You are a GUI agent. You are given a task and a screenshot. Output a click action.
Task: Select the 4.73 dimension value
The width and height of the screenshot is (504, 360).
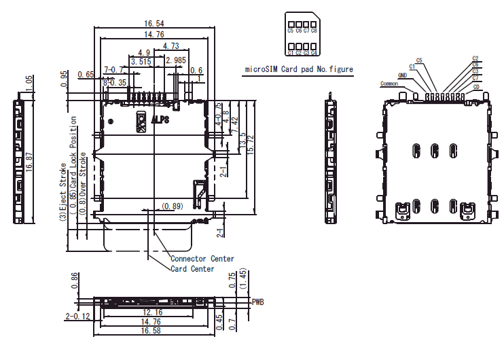170,47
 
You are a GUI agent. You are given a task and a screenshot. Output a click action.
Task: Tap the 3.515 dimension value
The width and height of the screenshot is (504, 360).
141,61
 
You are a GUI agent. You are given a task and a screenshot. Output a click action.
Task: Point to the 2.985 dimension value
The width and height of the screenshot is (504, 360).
175,61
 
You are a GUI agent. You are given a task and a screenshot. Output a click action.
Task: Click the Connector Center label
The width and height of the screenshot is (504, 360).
202,259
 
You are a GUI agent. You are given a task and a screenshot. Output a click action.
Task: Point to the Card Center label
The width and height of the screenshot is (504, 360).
192,269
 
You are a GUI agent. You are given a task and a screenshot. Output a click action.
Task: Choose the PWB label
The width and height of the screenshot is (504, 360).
257,301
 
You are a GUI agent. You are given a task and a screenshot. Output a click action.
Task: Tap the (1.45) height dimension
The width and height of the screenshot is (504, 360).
243,279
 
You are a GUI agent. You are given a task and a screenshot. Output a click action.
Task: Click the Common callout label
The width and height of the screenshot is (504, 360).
389,84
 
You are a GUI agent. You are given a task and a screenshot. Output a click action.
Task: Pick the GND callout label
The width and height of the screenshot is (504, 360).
402,75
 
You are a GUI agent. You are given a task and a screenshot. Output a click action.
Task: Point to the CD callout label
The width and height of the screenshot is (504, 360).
476,87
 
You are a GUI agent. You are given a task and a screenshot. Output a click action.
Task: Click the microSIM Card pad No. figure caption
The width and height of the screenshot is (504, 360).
299,70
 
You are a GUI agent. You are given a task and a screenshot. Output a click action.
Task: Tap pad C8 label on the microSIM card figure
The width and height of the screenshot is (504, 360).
314,31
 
